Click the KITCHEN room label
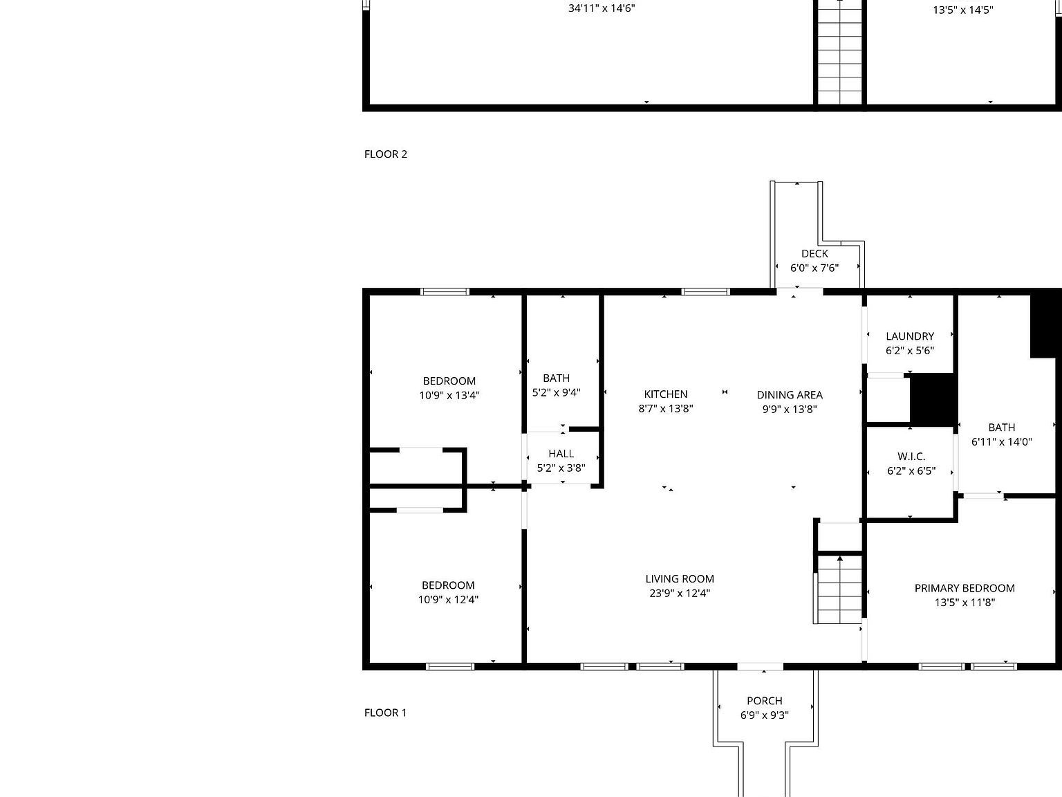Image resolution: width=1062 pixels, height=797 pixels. click(666, 394)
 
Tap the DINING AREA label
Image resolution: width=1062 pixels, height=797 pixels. click(790, 395)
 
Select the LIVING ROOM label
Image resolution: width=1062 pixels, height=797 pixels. click(680, 579)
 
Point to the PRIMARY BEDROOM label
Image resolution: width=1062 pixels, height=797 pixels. click(965, 588)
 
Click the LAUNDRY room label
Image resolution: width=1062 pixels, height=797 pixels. click(910, 336)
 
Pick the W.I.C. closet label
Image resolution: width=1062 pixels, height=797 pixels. click(911, 457)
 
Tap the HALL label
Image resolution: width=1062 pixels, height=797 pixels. click(561, 454)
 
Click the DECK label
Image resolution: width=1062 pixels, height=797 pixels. click(814, 254)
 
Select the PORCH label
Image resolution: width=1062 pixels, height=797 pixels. click(765, 701)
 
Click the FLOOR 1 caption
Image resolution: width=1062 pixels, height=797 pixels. click(386, 713)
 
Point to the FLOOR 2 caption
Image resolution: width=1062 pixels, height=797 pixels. click(386, 154)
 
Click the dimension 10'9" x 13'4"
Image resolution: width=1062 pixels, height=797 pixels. click(449, 396)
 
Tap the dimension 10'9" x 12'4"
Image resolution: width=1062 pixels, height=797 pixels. click(448, 600)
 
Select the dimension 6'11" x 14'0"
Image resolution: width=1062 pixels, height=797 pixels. click(1002, 442)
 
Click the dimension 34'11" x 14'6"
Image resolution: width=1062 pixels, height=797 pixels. click(602, 9)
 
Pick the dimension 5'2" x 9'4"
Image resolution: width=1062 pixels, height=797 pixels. click(556, 392)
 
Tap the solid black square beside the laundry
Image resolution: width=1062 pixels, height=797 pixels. click(933, 399)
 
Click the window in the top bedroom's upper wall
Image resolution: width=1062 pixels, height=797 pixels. click(445, 292)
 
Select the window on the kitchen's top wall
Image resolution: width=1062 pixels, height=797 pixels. click(705, 292)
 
